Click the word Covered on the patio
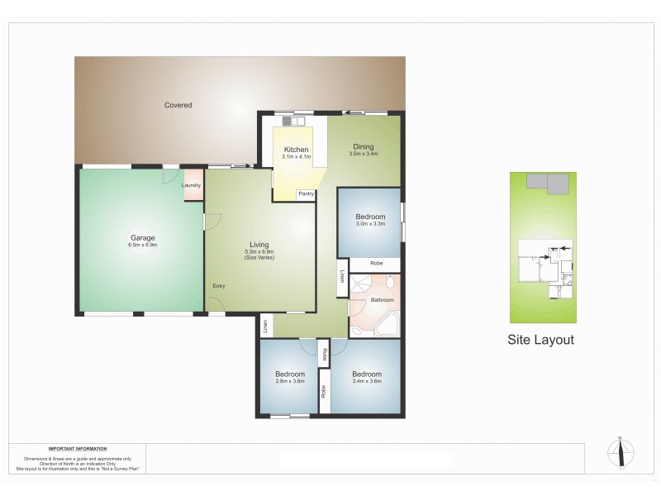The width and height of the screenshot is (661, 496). (178, 105)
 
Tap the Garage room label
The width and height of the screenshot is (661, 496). (142, 237)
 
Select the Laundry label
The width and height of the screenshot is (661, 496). (192, 184)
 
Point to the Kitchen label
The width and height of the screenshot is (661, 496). (295, 150)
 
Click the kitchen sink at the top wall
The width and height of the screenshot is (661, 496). (297, 121)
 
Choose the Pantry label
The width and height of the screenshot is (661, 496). (306, 194)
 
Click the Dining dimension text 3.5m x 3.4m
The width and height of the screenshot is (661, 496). (364, 154)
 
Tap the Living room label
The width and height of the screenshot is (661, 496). (259, 245)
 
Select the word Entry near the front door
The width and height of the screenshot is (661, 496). (219, 286)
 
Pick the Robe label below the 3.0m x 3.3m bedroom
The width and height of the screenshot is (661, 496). (376, 264)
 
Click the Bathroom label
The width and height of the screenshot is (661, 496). (382, 299)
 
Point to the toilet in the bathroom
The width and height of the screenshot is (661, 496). (388, 282)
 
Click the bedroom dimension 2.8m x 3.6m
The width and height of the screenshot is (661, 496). (290, 381)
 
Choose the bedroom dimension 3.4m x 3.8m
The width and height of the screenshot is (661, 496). (366, 381)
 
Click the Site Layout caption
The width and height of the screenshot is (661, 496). (540, 340)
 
